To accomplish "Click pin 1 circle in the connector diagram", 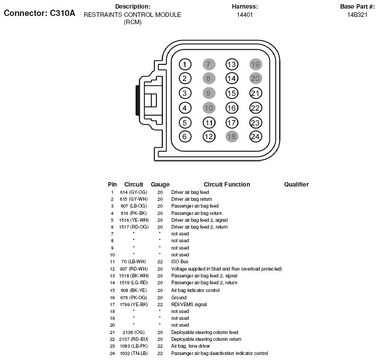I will tap(184, 64).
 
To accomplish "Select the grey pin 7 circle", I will tap(208, 64).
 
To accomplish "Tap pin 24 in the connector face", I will tap(255, 136).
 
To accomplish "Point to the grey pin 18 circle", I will tap(232, 136).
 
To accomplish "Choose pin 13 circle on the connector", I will tap(232, 64).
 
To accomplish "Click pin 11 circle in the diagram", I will tap(209, 122).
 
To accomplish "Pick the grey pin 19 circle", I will tap(255, 64).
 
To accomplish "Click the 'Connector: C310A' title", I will tap(39, 13).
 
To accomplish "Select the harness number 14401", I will tap(245, 15).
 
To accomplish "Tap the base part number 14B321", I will tap(357, 15).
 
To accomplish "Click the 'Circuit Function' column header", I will tap(226, 184).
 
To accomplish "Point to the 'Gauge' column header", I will tap(160, 184).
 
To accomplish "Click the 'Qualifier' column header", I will tap(296, 184).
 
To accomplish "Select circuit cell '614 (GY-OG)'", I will tap(133, 193).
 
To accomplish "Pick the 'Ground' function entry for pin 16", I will tap(179, 297).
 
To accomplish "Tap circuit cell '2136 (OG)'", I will tap(132, 332).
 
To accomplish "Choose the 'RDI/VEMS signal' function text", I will tap(189, 304).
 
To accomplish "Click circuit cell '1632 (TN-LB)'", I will tap(134, 353).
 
